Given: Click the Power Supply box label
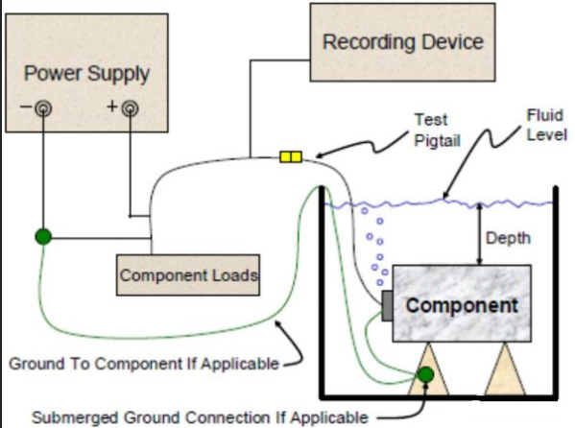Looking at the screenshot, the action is coord(87,74).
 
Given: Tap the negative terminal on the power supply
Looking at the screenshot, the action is coord(43,108).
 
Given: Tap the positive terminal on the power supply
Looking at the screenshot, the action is coord(131,108).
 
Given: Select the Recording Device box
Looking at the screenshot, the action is coord(402,42).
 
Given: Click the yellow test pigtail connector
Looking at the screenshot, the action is coord(291,157).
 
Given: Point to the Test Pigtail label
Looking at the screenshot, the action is coord(437,131).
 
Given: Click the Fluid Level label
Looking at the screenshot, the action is coord(547,125).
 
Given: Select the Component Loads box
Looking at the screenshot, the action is coord(188,275).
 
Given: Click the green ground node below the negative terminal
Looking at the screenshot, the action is coord(43,237).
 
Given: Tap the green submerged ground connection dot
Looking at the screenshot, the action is coord(426,374).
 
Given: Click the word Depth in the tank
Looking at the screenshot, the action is coord(508,238).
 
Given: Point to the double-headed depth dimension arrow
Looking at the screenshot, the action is coord(479,233).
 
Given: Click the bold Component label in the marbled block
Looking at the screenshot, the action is coord(462,305).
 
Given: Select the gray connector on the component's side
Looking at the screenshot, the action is coord(387,306).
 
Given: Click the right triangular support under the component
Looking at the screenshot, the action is coord(505,369).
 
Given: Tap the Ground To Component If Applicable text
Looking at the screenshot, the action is coord(144,364).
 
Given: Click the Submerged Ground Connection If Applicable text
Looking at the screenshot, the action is coord(201,417).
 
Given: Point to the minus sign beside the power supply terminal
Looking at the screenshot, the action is coord(26,107).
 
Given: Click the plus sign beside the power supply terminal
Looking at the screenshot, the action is coord(112,107).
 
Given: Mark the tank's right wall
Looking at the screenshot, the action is coord(556,293).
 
